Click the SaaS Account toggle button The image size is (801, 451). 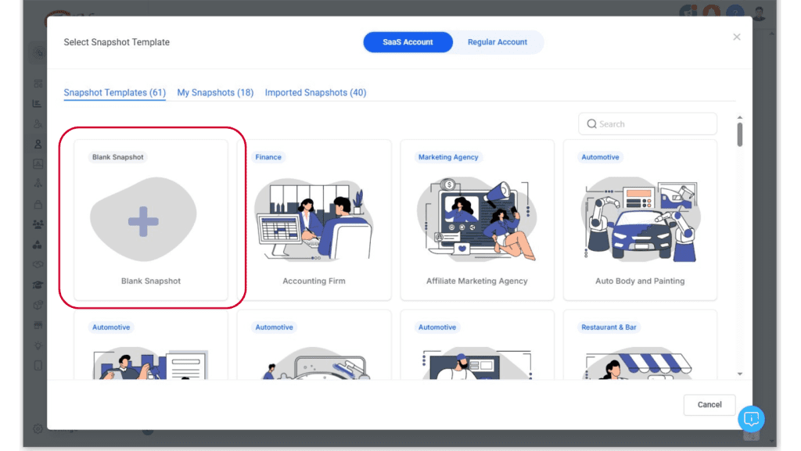click(x=408, y=42)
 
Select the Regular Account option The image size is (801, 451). click(x=497, y=42)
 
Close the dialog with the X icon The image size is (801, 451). click(x=737, y=37)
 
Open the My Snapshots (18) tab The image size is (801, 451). click(x=215, y=92)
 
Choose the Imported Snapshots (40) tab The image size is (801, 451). click(x=315, y=92)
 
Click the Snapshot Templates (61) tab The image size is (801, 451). click(x=114, y=92)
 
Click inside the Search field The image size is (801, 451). click(x=647, y=124)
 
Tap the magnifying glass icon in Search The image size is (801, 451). click(x=591, y=124)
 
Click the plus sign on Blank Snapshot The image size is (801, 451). click(x=143, y=221)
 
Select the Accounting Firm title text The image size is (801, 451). click(x=314, y=281)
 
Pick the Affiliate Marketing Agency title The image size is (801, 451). click(x=476, y=281)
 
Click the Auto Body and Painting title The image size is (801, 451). click(x=640, y=281)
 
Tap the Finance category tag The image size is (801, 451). click(x=268, y=157)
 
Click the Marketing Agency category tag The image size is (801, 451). click(x=448, y=157)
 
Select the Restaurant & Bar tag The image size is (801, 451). click(x=609, y=327)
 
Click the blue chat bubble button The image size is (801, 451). click(x=751, y=419)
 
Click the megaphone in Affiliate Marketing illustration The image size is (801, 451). click(x=499, y=191)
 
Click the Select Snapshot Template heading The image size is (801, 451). click(x=117, y=42)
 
